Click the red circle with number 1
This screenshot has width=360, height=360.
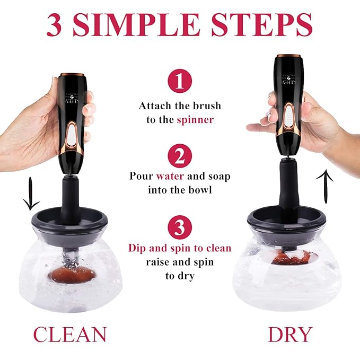click(180, 82)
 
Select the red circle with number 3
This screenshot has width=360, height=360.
click(180, 227)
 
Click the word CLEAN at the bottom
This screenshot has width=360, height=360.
click(70, 335)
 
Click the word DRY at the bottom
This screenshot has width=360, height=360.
click(290, 335)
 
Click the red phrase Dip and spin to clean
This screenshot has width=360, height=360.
click(180, 248)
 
